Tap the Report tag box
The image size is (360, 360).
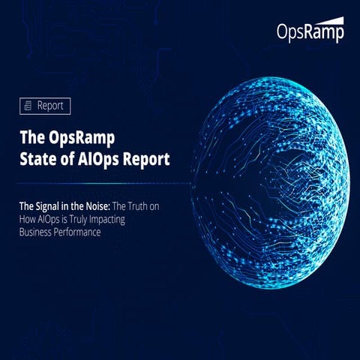[x=46, y=106]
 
